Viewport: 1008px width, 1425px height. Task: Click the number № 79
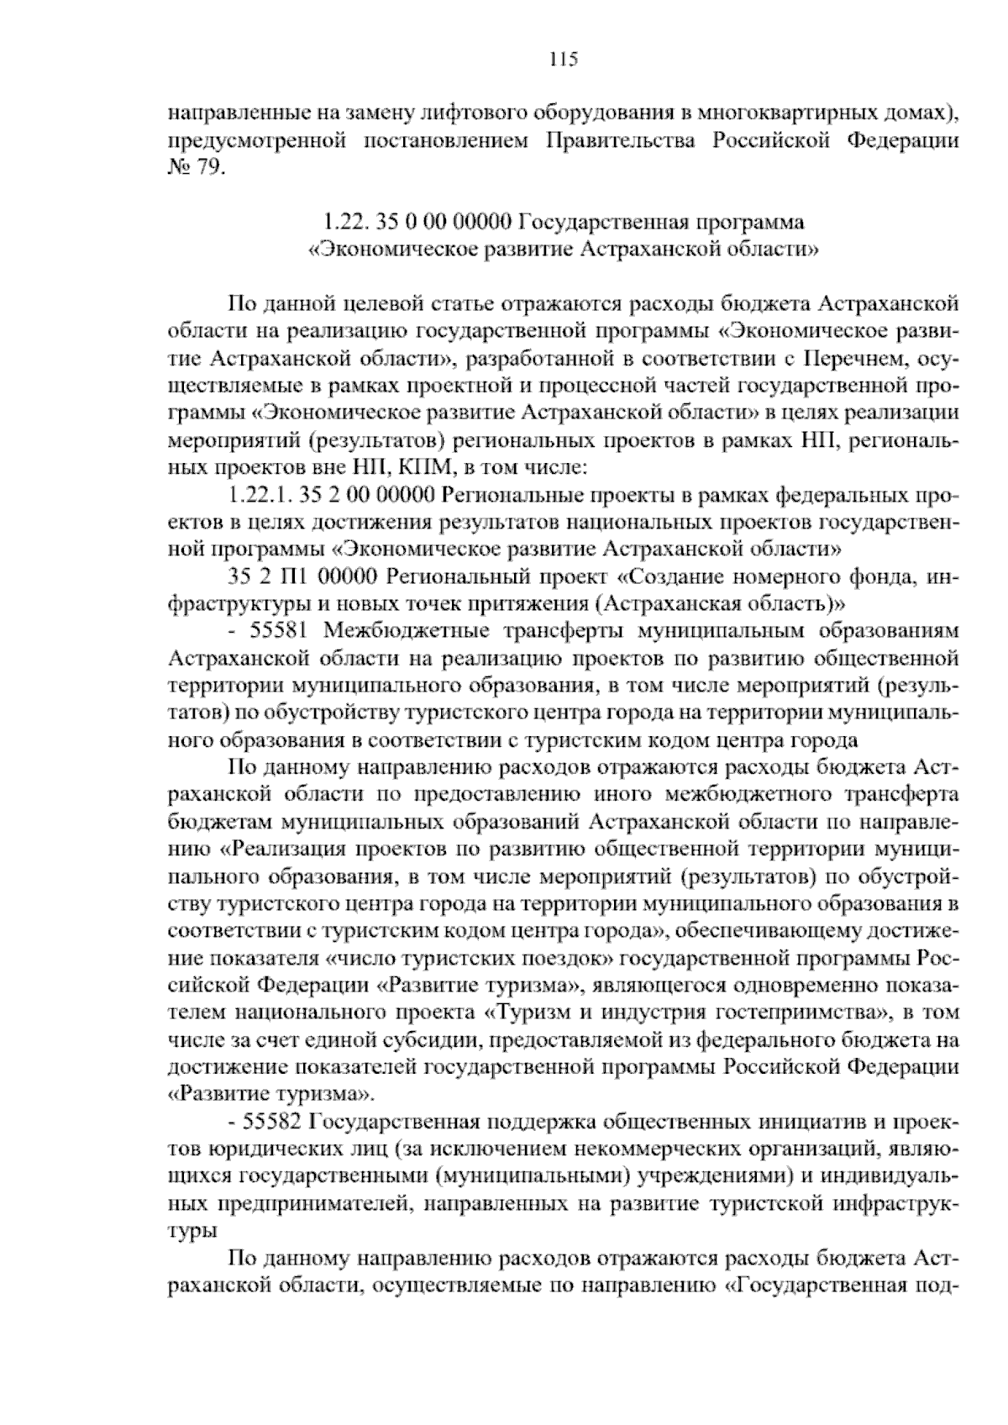197,167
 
